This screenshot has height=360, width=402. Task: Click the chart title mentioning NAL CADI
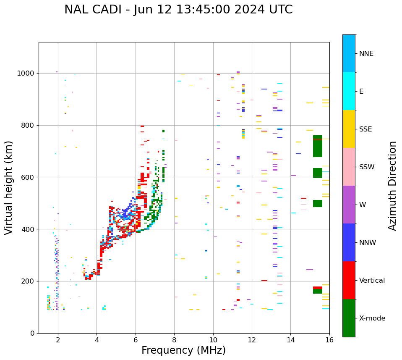tap(178, 10)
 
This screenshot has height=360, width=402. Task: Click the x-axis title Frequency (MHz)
tap(183, 350)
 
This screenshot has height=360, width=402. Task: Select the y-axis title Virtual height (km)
tap(9, 187)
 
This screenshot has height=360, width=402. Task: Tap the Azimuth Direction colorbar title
tap(392, 185)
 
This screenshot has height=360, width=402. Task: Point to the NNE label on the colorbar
tap(366, 54)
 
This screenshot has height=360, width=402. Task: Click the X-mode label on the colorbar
tap(372, 318)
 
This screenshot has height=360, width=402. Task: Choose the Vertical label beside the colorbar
tap(372, 281)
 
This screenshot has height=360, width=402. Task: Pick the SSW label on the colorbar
tap(367, 167)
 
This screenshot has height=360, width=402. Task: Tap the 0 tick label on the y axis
tap(32, 333)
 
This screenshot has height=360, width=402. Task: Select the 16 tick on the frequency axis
tap(329, 340)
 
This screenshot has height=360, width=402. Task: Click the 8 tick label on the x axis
tap(174, 340)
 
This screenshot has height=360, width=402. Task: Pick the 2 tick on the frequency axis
tap(58, 340)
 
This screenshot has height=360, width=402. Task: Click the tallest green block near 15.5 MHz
tap(318, 146)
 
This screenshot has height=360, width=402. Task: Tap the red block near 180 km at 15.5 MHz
tap(318, 288)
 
